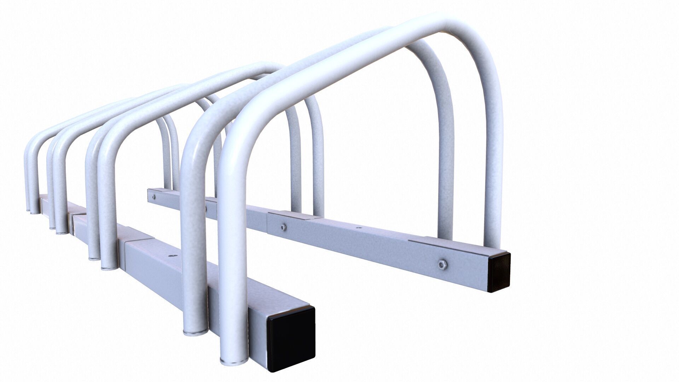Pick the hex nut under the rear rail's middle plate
click(x=283, y=227)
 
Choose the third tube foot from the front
click(x=109, y=267)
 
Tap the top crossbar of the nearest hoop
click(x=354, y=64)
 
